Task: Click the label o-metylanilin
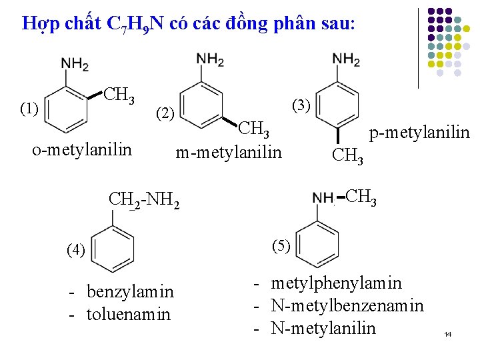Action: tap(82, 149)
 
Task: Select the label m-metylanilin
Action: tap(229, 153)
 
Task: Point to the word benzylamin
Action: tap(130, 291)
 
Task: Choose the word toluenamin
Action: tap(129, 313)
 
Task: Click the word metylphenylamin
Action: tap(336, 283)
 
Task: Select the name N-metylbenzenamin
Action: tap(347, 305)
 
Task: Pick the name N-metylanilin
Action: tap(323, 328)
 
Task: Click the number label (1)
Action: tap(29, 107)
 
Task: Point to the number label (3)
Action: tap(301, 105)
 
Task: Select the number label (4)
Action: tap(76, 249)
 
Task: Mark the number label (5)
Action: tap(280, 245)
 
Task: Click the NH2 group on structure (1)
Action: tap(75, 64)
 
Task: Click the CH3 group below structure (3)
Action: tap(348, 157)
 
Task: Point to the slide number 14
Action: tap(447, 333)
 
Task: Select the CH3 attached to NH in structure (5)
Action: tap(361, 197)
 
